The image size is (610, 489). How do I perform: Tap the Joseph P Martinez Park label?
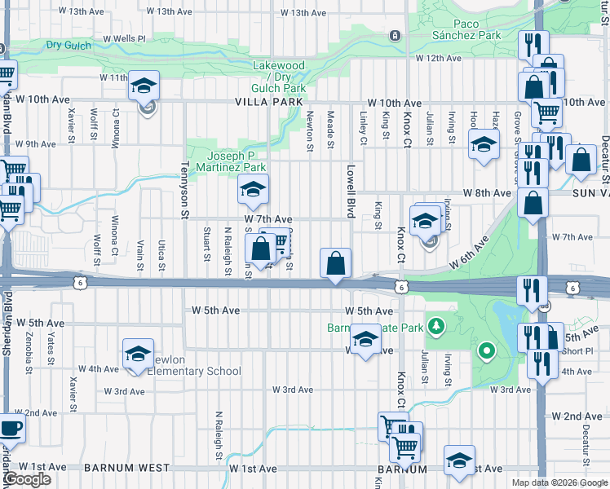click(236, 161)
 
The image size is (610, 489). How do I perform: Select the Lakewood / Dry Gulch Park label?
click(279, 77)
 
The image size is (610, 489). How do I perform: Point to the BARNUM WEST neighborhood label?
click(126, 469)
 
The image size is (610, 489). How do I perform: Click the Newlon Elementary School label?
click(194, 371)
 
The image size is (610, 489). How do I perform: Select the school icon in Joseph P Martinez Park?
click(253, 191)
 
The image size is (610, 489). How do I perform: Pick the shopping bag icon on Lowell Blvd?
click(336, 263)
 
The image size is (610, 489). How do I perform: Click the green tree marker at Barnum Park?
click(437, 328)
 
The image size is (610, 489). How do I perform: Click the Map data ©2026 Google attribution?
click(559, 482)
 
